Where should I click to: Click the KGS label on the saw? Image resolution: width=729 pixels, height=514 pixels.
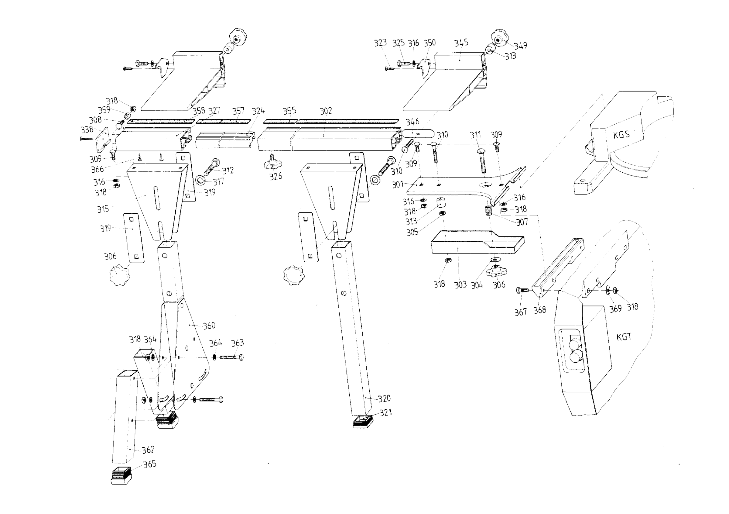621,135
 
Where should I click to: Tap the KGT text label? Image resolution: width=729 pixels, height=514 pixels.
624,337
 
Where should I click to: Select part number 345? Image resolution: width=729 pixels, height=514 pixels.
461,43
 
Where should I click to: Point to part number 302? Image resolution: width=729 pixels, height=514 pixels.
326,111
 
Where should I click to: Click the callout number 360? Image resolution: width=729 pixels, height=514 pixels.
209,326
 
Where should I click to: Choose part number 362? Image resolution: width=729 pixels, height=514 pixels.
148,450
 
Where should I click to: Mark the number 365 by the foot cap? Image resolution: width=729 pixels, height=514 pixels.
150,464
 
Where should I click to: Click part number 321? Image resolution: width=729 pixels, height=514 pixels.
386,413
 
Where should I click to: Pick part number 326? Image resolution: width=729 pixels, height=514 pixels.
276,177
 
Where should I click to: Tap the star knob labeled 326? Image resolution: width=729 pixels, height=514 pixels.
272,164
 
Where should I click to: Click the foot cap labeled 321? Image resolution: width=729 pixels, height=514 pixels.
363,421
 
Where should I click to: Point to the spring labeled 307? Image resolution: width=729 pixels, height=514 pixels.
489,210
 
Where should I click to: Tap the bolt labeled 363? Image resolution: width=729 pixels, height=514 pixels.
232,357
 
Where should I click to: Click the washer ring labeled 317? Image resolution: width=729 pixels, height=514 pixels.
201,180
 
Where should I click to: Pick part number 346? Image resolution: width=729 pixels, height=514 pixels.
412,122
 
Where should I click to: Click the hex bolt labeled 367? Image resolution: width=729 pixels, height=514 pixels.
522,290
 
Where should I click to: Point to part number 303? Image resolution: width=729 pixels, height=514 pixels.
460,285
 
